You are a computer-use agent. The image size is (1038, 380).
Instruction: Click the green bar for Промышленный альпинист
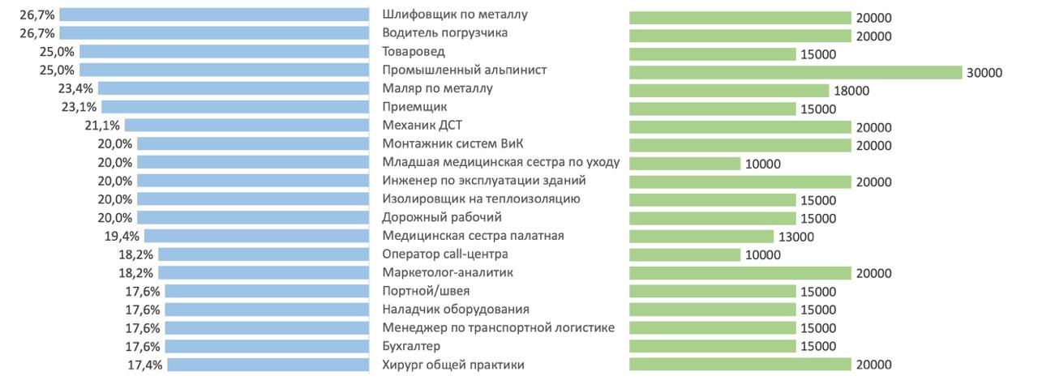(795, 72)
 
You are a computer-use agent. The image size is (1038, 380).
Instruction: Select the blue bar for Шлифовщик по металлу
(214, 14)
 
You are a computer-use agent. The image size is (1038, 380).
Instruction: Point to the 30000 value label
(984, 73)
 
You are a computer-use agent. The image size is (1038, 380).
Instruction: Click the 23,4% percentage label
(76, 88)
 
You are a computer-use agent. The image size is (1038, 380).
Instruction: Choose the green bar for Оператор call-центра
(684, 255)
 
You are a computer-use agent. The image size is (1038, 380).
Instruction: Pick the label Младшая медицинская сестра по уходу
(500, 161)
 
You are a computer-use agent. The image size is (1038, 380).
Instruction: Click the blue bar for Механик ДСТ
(247, 125)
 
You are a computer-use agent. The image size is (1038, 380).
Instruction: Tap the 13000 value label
(796, 237)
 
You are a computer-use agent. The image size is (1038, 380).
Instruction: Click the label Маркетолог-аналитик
(447, 272)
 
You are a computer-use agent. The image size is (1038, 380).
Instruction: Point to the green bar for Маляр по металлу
(729, 91)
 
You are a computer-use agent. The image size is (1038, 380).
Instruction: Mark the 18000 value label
(851, 92)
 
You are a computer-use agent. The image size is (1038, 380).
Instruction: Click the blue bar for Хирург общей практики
(268, 365)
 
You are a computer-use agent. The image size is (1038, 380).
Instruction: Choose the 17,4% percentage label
(146, 365)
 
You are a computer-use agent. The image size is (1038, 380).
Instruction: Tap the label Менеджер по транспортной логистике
(498, 327)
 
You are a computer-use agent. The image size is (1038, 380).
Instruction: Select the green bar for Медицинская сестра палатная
(701, 237)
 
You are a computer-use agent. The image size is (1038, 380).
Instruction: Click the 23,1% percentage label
(79, 107)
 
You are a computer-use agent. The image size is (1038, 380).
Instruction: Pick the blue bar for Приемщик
(235, 107)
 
